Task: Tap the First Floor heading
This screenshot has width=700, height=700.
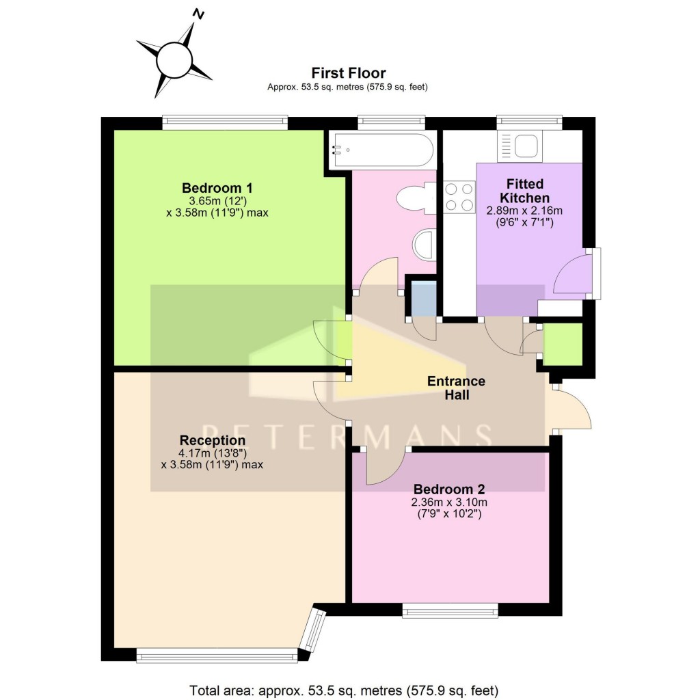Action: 349,72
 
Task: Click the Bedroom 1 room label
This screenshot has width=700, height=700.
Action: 213,188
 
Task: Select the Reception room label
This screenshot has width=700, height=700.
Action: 212,440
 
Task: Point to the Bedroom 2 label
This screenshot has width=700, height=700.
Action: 449,489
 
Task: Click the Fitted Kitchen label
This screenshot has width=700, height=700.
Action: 525,191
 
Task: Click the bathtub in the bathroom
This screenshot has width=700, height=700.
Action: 381,150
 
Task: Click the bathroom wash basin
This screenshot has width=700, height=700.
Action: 426,245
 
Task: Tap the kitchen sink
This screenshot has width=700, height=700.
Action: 528,146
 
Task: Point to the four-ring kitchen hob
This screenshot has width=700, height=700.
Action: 459,197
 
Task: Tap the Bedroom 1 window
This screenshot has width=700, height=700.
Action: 225,122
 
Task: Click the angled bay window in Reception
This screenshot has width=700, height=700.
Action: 314,630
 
